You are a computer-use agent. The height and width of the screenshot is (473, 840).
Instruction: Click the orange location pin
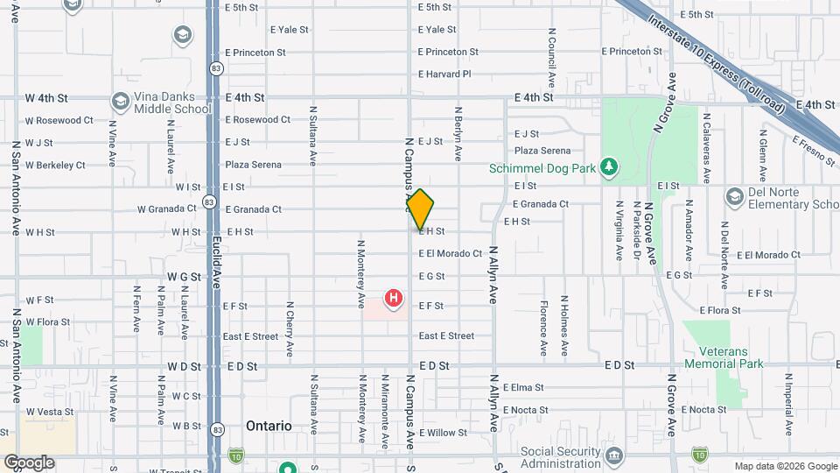tap(420, 209)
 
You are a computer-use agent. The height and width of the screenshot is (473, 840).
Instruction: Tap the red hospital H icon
tap(394, 298)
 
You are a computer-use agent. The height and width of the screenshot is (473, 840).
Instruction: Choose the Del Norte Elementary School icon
tap(734, 194)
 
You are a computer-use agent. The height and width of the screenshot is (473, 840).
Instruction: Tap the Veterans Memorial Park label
tap(724, 357)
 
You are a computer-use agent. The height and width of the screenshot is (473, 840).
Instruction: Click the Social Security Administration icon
tap(613, 455)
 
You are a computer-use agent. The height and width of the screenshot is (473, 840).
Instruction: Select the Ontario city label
tap(269, 426)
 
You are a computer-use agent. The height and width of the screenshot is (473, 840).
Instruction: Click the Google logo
tap(29, 462)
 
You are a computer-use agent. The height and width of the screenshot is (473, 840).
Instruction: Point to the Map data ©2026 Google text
tap(785, 466)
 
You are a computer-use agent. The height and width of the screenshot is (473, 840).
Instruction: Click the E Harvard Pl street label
tap(444, 74)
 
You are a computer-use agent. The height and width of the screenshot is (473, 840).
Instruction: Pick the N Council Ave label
tap(552, 57)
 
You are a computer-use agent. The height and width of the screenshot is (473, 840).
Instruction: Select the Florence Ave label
tap(543, 328)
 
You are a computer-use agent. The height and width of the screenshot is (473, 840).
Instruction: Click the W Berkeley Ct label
tap(55, 165)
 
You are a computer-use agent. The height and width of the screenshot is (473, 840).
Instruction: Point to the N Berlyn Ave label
tap(458, 134)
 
